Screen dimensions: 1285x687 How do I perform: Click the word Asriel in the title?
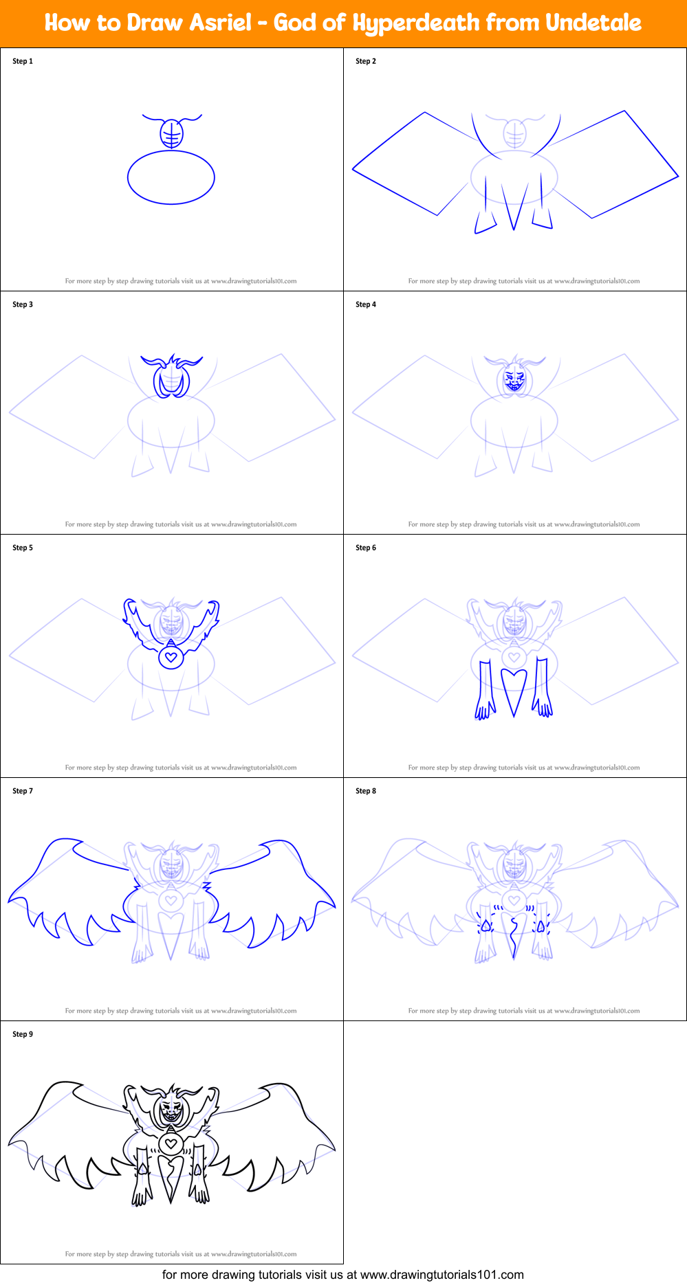click(x=221, y=23)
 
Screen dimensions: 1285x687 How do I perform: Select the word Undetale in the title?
click(x=593, y=23)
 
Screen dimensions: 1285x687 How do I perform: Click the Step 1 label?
click(x=23, y=61)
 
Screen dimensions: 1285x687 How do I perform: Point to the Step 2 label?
click(x=366, y=61)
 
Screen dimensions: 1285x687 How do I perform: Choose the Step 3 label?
click(x=23, y=304)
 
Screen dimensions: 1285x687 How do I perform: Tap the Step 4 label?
click(x=366, y=304)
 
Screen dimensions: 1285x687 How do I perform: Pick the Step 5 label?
click(x=23, y=548)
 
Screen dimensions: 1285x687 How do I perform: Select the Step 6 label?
click(x=366, y=548)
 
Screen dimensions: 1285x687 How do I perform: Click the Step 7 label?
click(x=23, y=791)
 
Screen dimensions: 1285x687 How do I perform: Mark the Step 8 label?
click(x=366, y=791)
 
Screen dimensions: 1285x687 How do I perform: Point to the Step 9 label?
click(x=23, y=1034)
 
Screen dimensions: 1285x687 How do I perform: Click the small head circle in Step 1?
click(x=171, y=133)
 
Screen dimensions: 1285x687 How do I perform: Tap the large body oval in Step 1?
click(x=171, y=177)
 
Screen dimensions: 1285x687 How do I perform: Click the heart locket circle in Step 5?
click(x=171, y=658)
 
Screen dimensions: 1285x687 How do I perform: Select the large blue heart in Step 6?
click(x=514, y=687)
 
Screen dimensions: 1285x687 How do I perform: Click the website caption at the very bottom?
click(x=343, y=1275)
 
